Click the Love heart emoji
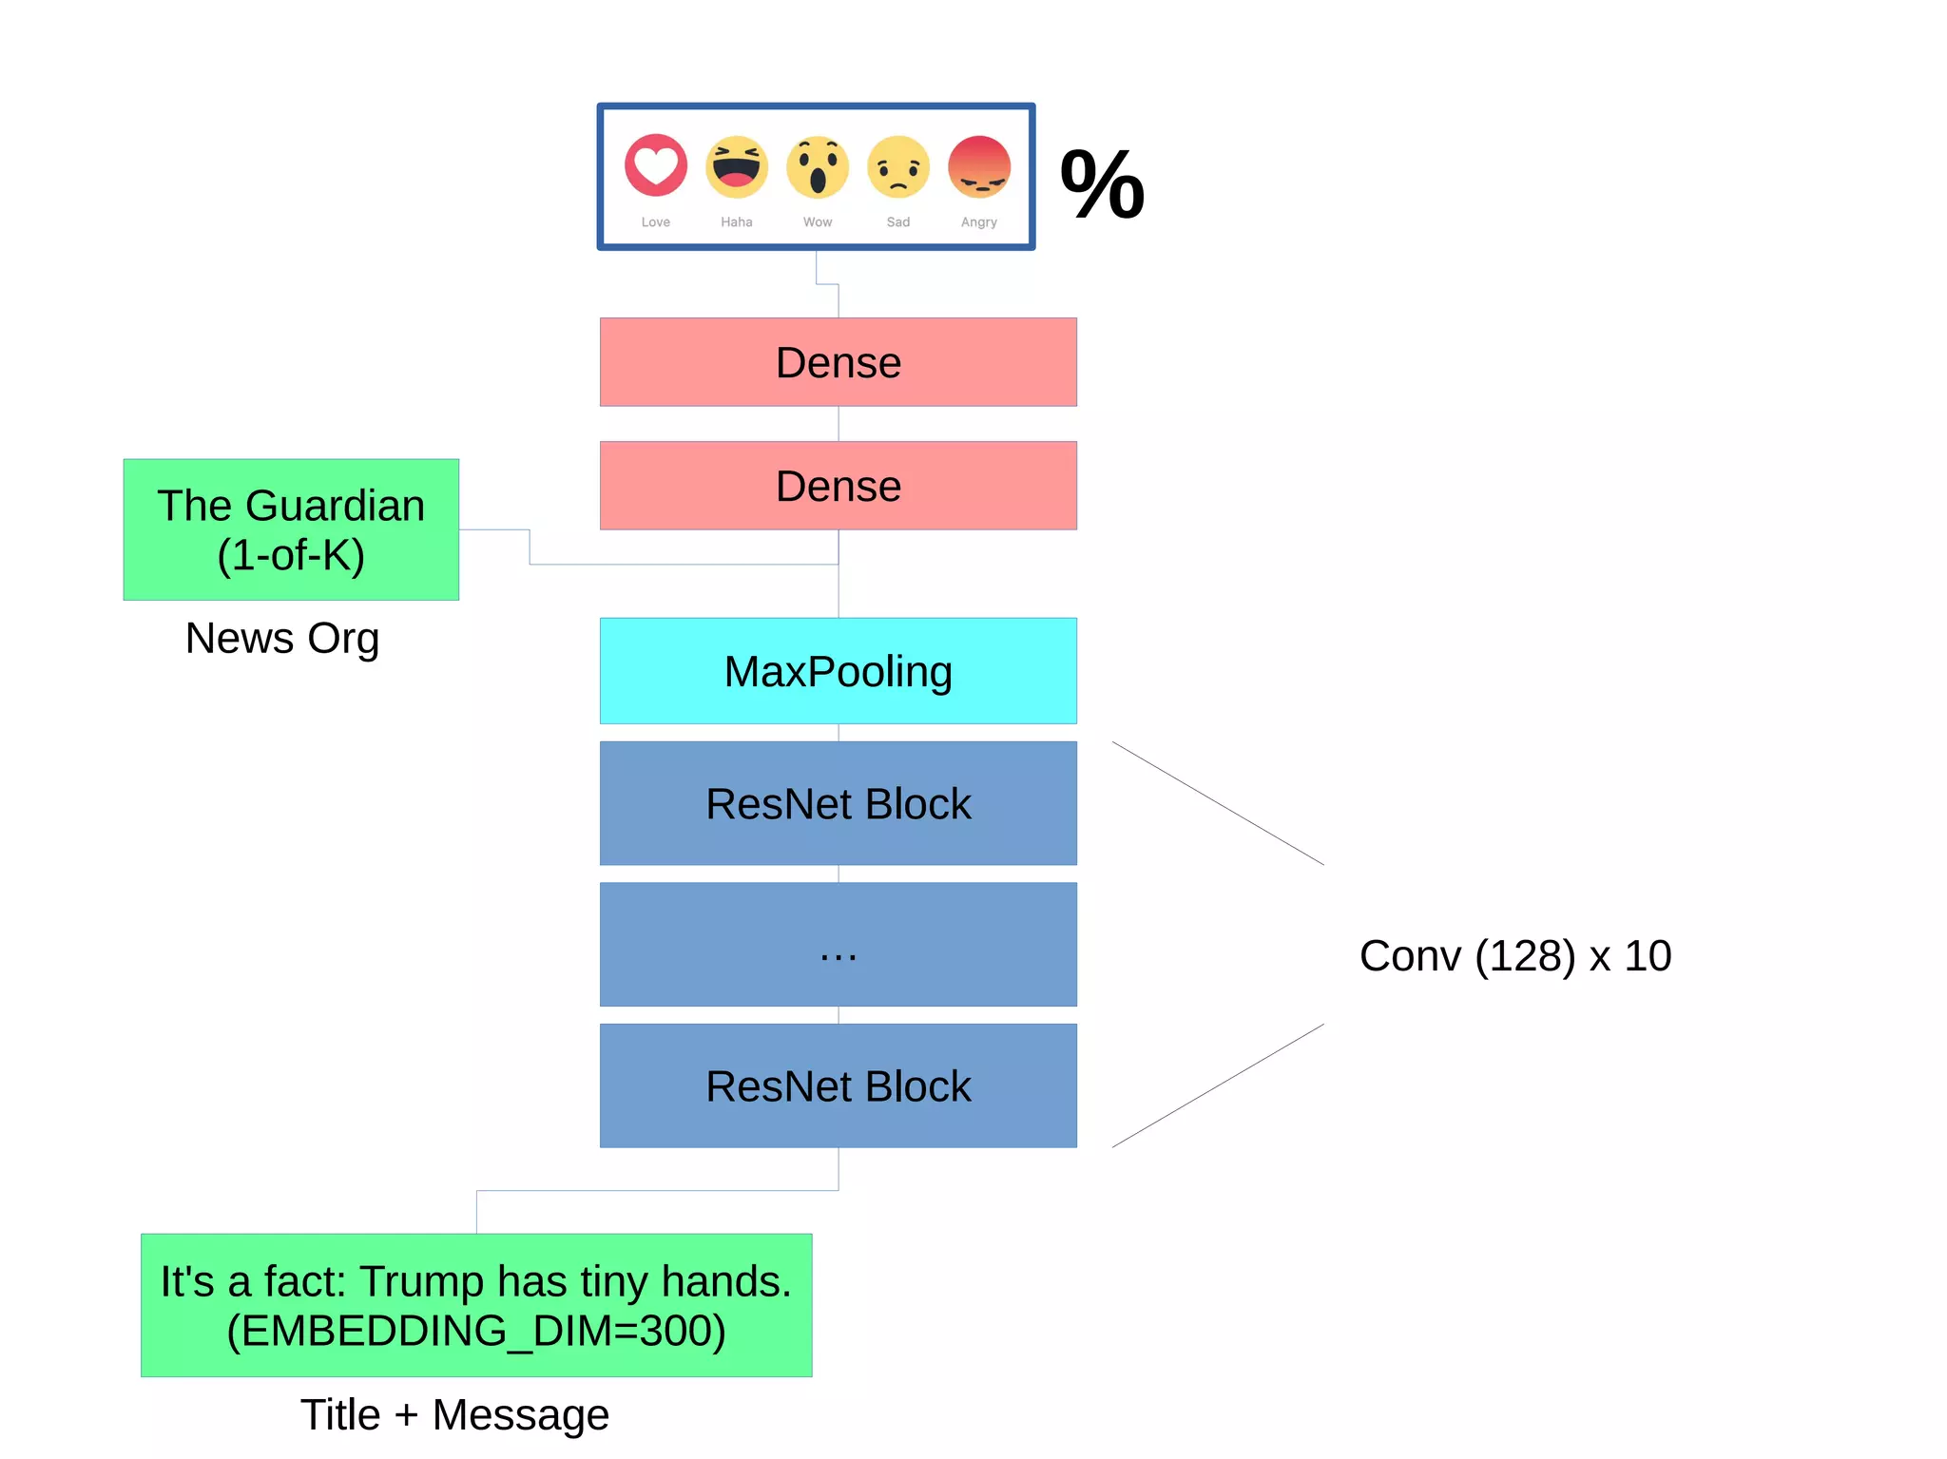click(656, 166)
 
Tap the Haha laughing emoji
click(737, 166)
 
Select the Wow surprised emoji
click(818, 166)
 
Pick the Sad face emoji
click(898, 166)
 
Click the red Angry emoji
click(979, 166)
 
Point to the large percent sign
click(1103, 185)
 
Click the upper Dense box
click(838, 362)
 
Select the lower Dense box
click(838, 486)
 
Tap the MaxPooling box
click(838, 671)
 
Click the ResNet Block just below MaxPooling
click(838, 803)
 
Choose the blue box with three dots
click(838, 944)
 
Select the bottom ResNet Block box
click(838, 1085)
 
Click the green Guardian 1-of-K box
click(291, 529)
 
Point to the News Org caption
click(282, 638)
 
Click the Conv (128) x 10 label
click(1515, 955)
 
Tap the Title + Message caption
click(454, 1414)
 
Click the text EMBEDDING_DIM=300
click(476, 1331)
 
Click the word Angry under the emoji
click(979, 222)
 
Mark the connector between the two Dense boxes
click(839, 424)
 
